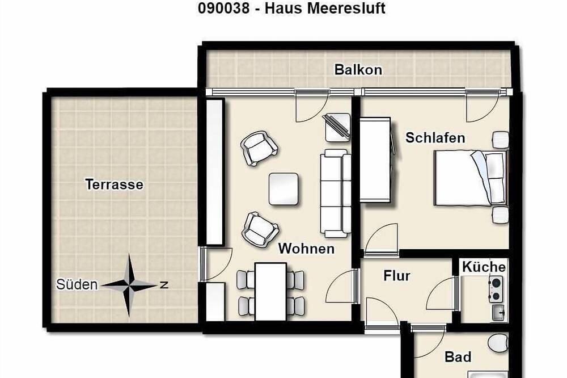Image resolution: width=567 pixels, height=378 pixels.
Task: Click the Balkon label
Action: pyautogui.click(x=358, y=70)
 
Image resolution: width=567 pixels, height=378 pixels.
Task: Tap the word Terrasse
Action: pyautogui.click(x=114, y=184)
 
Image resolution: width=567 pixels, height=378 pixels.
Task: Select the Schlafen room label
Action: pyautogui.click(x=435, y=137)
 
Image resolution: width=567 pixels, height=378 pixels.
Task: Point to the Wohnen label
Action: pyautogui.click(x=306, y=249)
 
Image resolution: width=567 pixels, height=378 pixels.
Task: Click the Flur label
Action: pyautogui.click(x=397, y=276)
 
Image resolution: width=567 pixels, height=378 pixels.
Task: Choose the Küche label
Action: pyautogui.click(x=484, y=267)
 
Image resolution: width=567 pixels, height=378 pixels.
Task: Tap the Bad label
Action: pyautogui.click(x=458, y=357)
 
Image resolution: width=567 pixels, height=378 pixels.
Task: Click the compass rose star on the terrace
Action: pyautogui.click(x=129, y=285)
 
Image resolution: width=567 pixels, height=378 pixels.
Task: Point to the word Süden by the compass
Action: pyautogui.click(x=77, y=285)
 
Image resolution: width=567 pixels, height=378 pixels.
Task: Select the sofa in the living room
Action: pyautogui.click(x=333, y=193)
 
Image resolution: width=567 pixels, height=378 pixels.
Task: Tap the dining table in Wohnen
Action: pyautogui.click(x=270, y=291)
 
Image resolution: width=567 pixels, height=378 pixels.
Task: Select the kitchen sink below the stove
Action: pyautogui.click(x=499, y=312)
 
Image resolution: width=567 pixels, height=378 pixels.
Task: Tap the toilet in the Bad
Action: pyautogui.click(x=498, y=342)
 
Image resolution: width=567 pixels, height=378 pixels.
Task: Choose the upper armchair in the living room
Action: pyautogui.click(x=259, y=148)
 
